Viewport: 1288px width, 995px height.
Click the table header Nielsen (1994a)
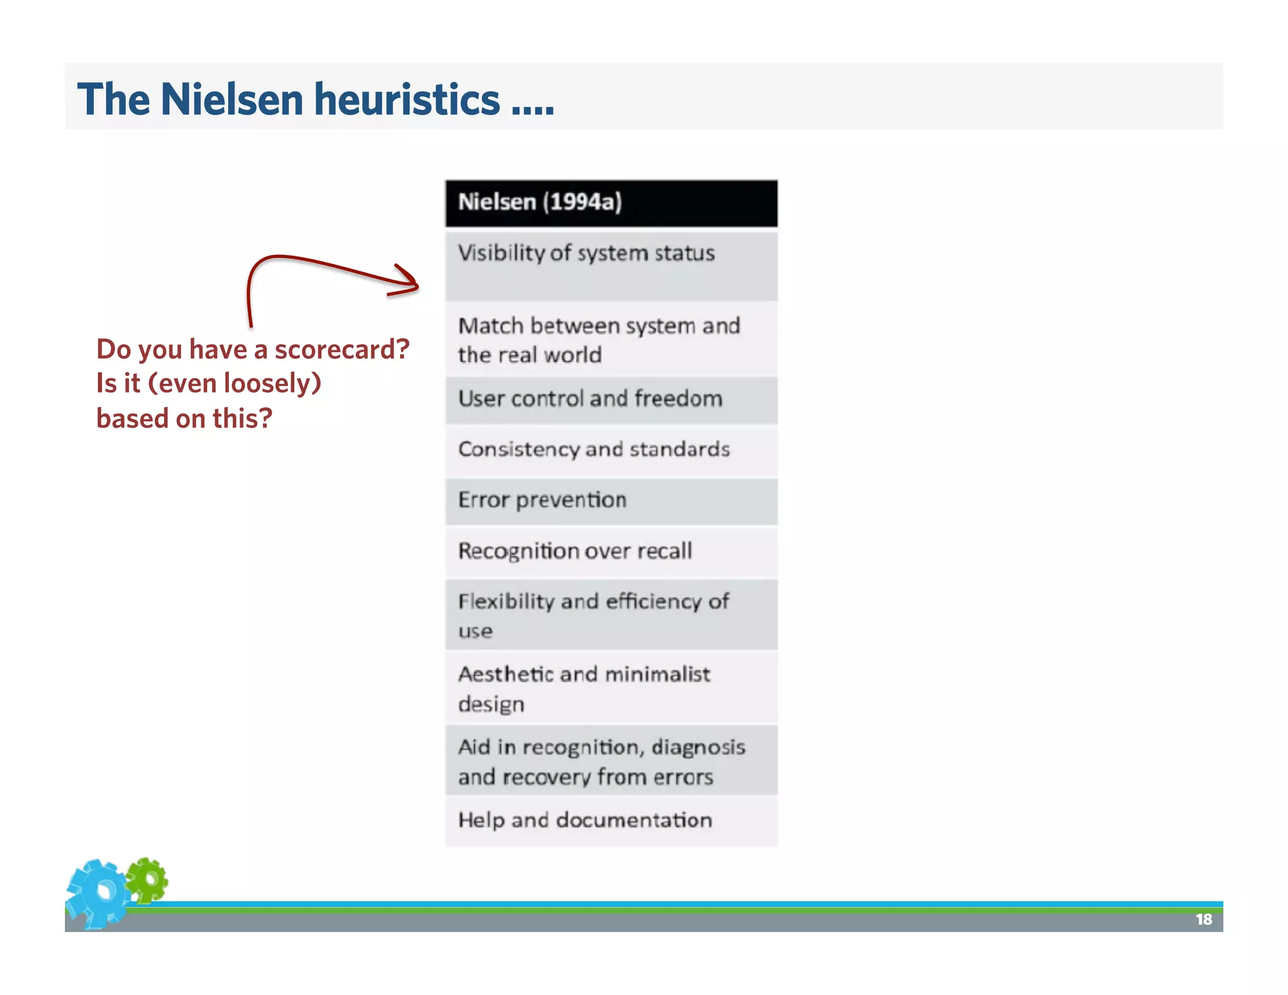coord(610,203)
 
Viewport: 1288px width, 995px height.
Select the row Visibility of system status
coord(610,265)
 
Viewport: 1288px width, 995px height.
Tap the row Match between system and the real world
coord(610,340)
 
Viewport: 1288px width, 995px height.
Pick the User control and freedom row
coord(610,399)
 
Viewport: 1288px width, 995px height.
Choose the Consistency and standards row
coord(610,450)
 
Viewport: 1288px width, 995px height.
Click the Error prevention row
coord(610,501)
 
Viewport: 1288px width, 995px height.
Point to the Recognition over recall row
coord(610,552)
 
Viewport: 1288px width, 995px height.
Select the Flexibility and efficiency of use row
coord(610,614)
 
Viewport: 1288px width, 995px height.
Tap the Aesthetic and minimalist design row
coord(610,688)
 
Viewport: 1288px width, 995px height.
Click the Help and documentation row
coord(610,821)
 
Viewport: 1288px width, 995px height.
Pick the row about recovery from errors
coord(610,761)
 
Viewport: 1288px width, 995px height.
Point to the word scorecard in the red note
coord(341,350)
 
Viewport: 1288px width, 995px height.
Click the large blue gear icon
coord(99,892)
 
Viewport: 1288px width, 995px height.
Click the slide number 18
coord(1203,920)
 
